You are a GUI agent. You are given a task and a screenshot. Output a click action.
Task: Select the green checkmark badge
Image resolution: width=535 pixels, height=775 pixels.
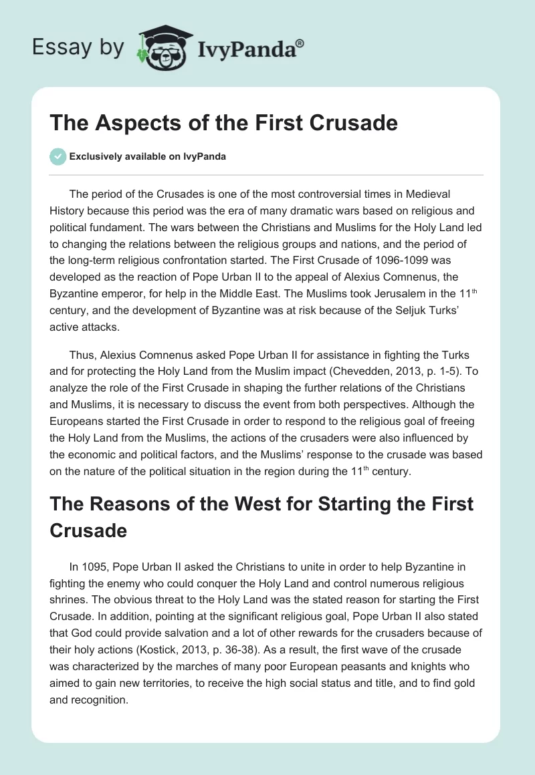[58, 156]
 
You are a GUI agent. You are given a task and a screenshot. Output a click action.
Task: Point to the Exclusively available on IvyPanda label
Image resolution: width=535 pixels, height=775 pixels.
[148, 156]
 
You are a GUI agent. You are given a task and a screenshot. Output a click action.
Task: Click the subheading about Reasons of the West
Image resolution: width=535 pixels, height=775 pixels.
[261, 516]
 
